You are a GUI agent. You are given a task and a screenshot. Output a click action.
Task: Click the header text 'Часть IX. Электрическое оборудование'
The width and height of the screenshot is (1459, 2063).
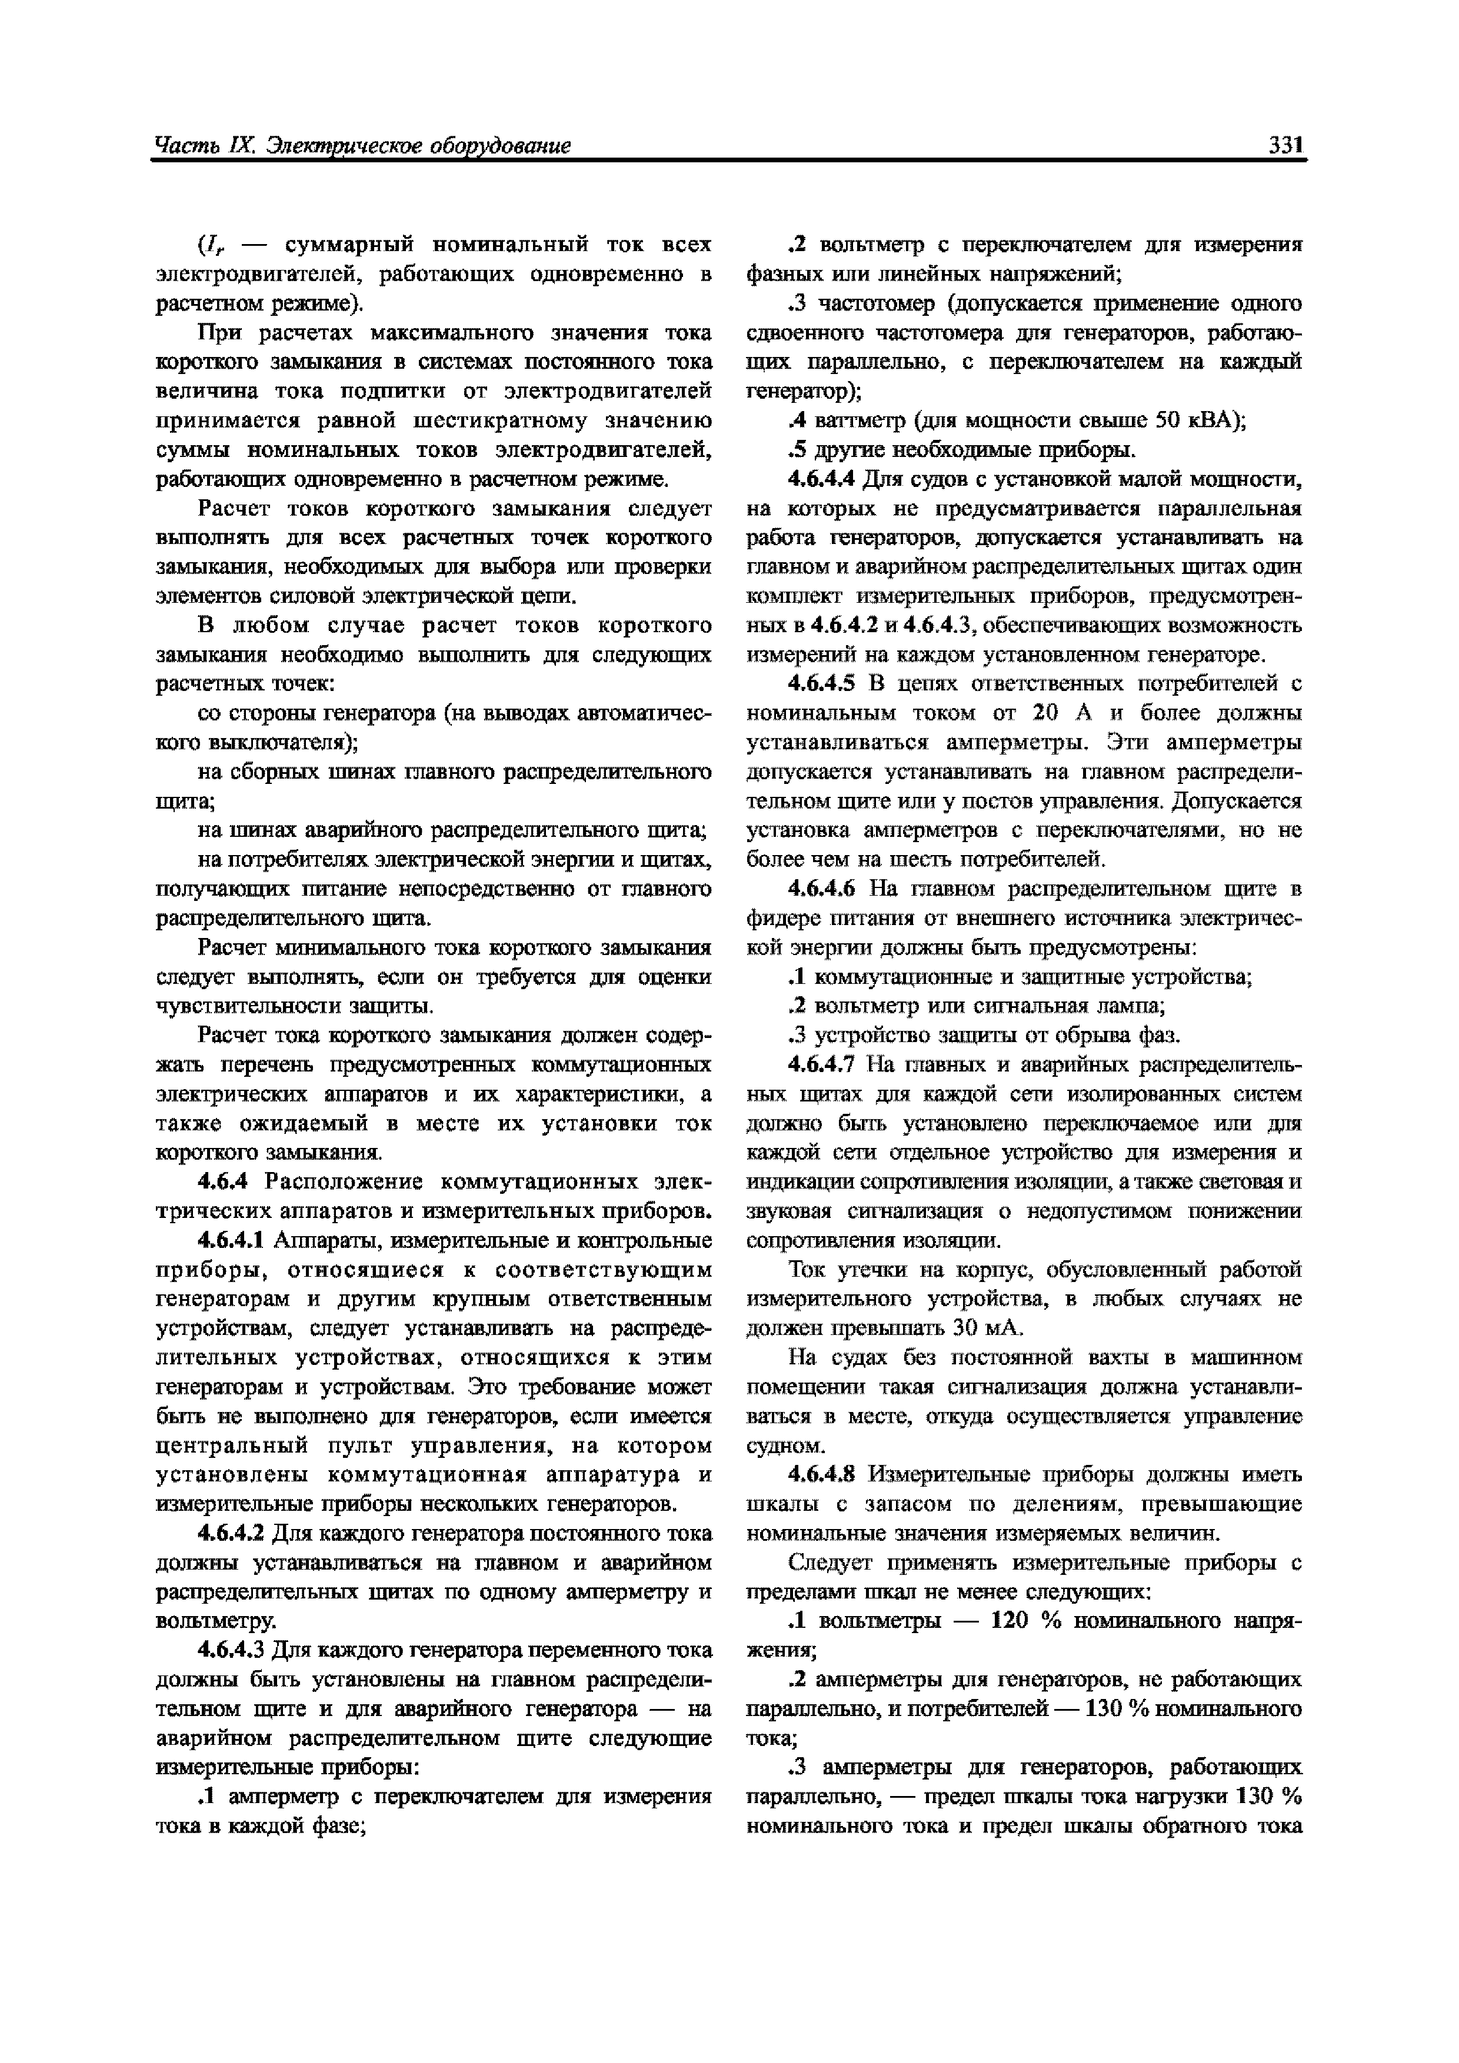(362, 146)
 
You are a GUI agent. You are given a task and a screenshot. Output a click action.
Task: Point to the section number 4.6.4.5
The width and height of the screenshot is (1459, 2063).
(822, 684)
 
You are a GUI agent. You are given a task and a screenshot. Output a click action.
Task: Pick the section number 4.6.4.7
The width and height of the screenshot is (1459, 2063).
(822, 1065)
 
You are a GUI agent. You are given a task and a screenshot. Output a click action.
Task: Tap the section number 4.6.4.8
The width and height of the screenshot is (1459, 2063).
(822, 1474)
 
